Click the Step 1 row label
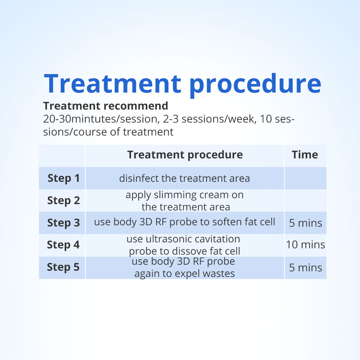[x=64, y=178]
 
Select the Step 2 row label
[x=64, y=201]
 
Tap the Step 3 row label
[x=64, y=223]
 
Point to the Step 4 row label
[x=63, y=245]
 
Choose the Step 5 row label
[x=63, y=267]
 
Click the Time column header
[x=305, y=155]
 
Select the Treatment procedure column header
[x=185, y=155]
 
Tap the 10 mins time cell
[x=306, y=245]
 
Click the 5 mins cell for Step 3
[x=306, y=223]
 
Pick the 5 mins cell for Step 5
[x=306, y=268]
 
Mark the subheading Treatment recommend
[x=105, y=106]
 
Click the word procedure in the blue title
[x=255, y=84]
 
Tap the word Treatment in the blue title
[x=112, y=83]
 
